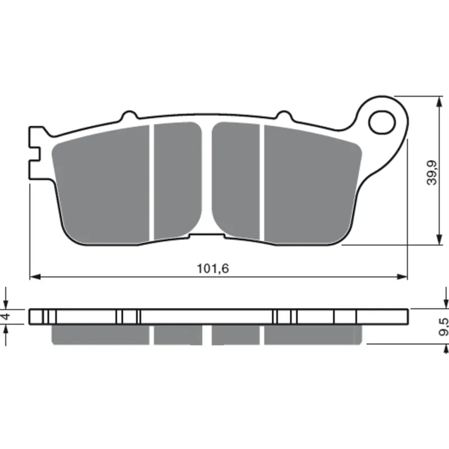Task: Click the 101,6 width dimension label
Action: pos(213,269)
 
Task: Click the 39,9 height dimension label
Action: pos(432,172)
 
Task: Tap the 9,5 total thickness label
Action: pos(443,327)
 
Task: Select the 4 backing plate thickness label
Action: pos(6,317)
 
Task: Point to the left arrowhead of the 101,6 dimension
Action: pos(35,277)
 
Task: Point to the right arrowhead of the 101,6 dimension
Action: pos(402,277)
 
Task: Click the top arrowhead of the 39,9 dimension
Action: pos(439,102)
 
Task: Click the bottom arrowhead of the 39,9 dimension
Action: pos(439,240)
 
